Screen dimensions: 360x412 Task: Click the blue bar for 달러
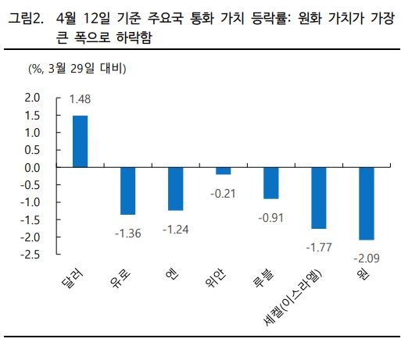80,141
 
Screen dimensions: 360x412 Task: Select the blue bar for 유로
128,191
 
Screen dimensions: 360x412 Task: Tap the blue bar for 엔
176,189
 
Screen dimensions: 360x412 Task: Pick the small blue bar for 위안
224,171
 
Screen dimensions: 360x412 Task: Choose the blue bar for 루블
271,183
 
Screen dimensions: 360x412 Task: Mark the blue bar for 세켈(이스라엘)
319,198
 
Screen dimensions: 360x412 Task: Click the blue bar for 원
367,203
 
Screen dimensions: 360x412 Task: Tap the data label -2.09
367,255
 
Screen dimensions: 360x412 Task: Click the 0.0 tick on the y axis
32,168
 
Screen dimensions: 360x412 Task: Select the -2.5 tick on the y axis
30,255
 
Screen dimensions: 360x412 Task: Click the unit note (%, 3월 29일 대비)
77,69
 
